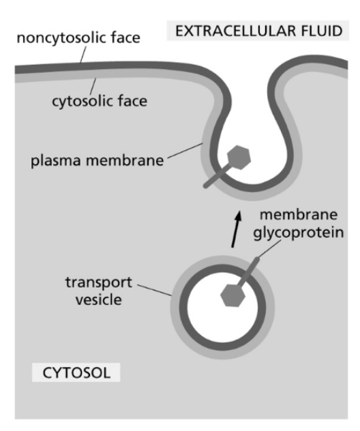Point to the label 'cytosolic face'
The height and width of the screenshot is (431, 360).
coord(100,102)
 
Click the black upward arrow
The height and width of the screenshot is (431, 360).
coord(235,229)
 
